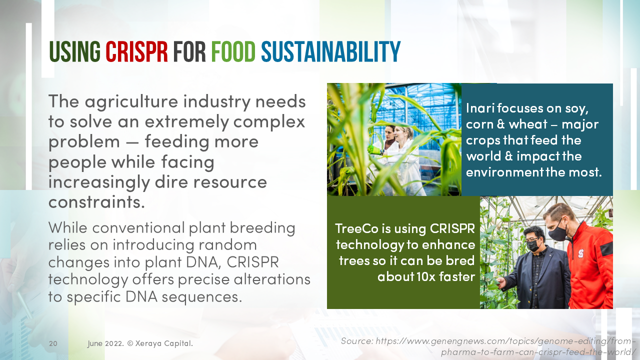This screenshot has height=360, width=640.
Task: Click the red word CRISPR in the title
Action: click(136, 51)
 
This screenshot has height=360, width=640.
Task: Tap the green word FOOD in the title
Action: click(233, 51)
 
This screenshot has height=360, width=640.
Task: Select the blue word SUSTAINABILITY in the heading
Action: click(331, 51)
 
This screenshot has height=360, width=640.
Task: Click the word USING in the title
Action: click(74, 51)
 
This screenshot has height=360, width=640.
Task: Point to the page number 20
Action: click(53, 343)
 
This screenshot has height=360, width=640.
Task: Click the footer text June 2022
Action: click(105, 343)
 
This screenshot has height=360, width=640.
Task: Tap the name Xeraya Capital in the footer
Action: click(164, 343)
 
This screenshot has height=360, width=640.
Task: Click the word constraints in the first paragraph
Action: click(96, 202)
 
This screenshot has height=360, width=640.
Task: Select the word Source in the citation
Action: click(357, 341)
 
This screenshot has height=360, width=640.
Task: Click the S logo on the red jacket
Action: click(580, 253)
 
